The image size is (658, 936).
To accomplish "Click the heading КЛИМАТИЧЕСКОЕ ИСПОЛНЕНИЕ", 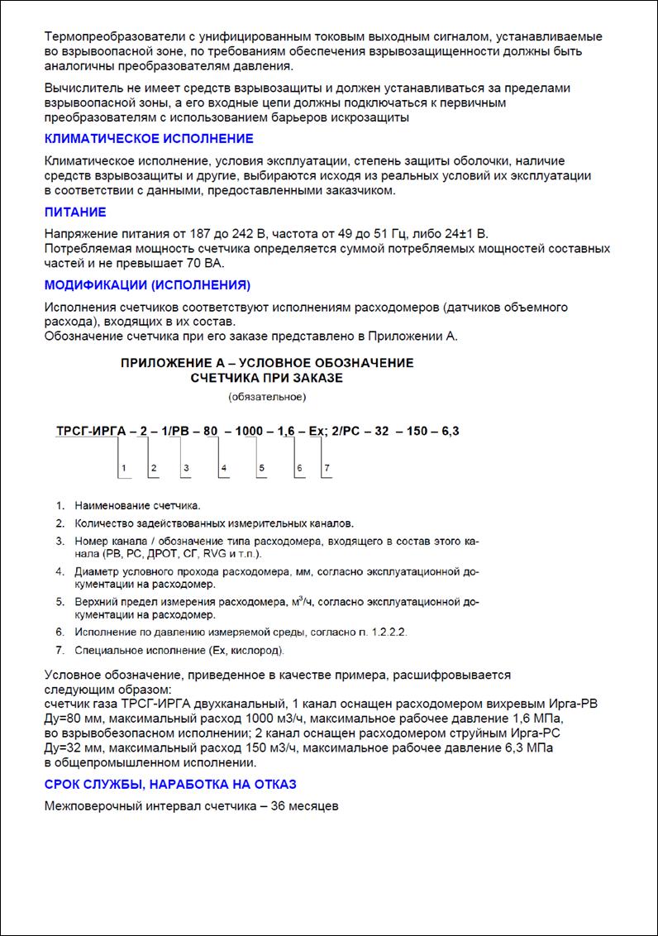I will coord(148,139).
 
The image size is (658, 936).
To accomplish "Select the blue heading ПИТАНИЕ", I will coord(75,213).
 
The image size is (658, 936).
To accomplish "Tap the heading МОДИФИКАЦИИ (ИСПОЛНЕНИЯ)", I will coord(146,285).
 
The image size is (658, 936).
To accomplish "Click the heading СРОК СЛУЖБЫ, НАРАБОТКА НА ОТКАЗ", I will coord(169,784).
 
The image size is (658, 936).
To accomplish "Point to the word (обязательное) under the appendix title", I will coord(267,398).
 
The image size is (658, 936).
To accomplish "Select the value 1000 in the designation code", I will coord(250,432).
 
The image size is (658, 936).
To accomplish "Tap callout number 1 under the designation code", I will coord(123,469).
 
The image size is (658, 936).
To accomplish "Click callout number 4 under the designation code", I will coord(223,469).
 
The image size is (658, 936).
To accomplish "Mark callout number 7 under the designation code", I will coord(327,469).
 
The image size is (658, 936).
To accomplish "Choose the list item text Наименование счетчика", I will coord(137,505).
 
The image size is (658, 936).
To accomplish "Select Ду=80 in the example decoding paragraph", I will coord(64,720).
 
